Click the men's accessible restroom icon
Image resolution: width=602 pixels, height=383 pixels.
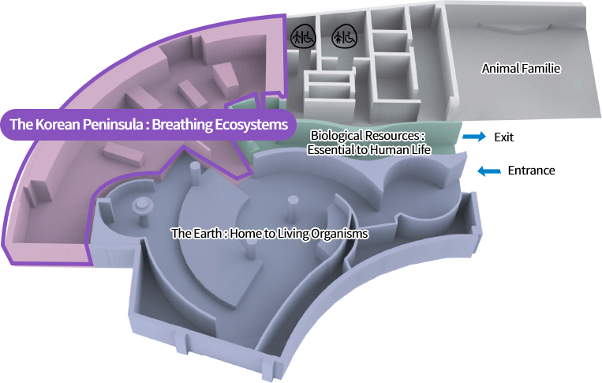point(303,36)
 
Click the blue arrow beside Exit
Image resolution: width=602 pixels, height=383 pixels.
point(473,137)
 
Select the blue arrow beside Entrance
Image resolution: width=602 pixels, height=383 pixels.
point(490,170)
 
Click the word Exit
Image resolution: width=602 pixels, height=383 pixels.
point(503,137)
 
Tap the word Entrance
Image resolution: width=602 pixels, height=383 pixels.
point(531,171)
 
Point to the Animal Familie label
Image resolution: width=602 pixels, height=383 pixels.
point(521,69)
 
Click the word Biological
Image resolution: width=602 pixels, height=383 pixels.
point(336,136)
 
